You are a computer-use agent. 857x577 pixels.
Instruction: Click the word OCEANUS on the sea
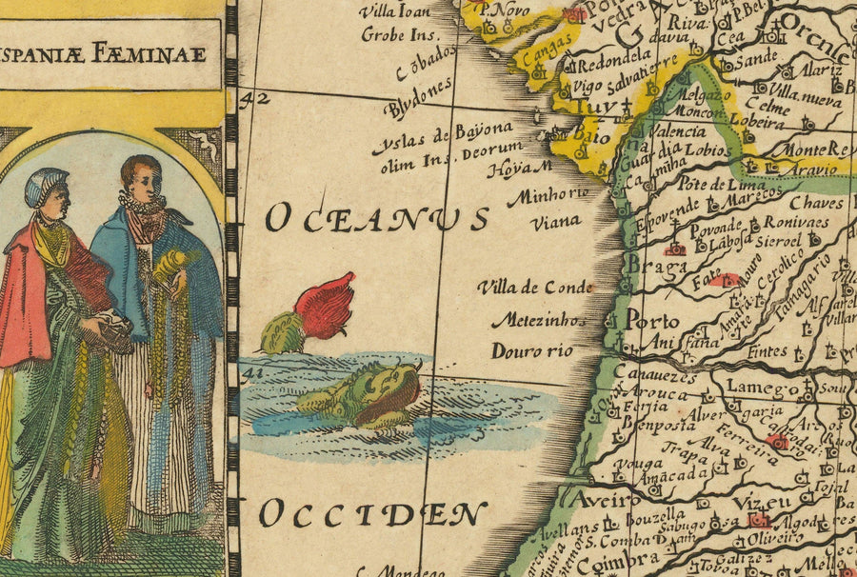click(x=376, y=218)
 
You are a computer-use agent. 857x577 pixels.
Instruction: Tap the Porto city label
click(x=652, y=320)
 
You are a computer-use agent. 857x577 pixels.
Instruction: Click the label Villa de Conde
click(x=535, y=287)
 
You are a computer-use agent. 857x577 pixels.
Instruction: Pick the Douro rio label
click(x=532, y=351)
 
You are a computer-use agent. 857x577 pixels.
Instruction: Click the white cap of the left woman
click(x=46, y=185)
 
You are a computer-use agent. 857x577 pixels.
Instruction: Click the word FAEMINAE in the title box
click(x=161, y=54)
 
